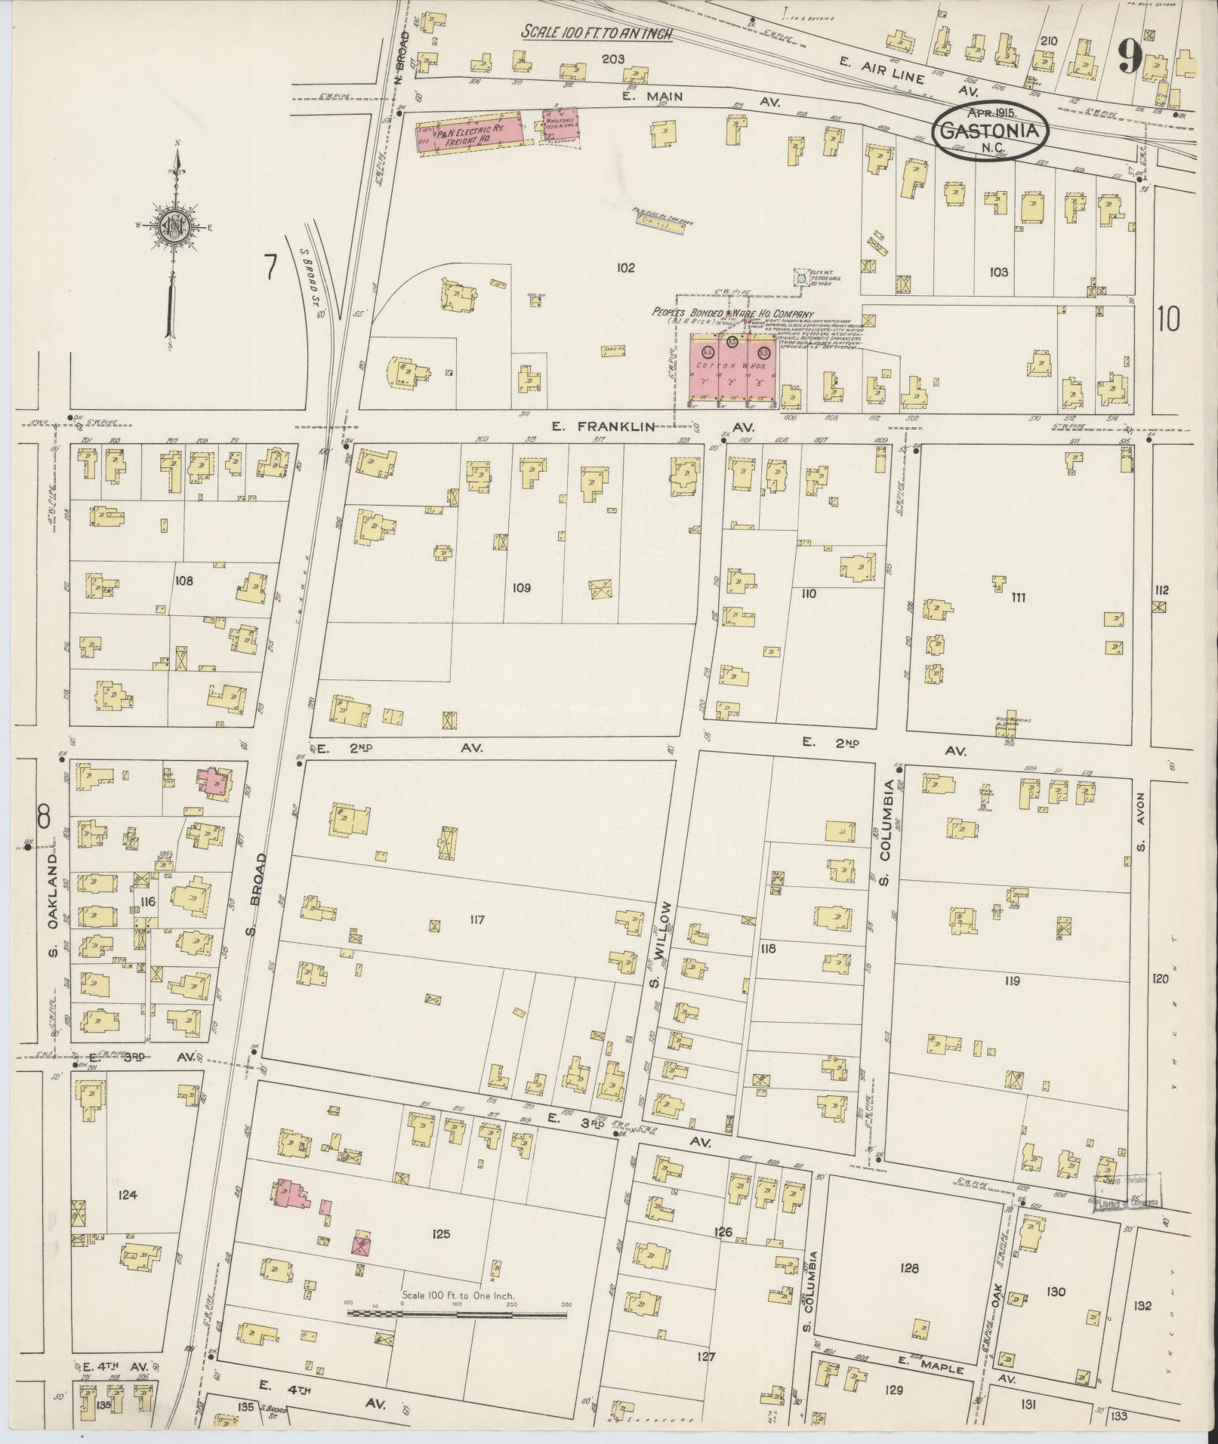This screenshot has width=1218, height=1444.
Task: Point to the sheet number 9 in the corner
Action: [x=1130, y=57]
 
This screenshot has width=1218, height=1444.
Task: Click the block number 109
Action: [x=520, y=587]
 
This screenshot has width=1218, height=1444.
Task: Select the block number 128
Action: [x=909, y=1268]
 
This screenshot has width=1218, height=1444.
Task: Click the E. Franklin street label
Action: [x=602, y=426]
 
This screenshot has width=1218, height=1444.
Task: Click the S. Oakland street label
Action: [x=54, y=905]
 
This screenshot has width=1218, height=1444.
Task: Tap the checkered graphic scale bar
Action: [x=457, y=1313]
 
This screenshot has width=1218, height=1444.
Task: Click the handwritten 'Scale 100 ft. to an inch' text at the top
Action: [x=596, y=34]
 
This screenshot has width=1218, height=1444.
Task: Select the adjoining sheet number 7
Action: [x=271, y=267]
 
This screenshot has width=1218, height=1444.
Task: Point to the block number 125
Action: [x=441, y=1234]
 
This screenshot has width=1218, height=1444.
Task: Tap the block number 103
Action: [x=998, y=272]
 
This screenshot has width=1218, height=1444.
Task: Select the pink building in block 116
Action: [x=214, y=781]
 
